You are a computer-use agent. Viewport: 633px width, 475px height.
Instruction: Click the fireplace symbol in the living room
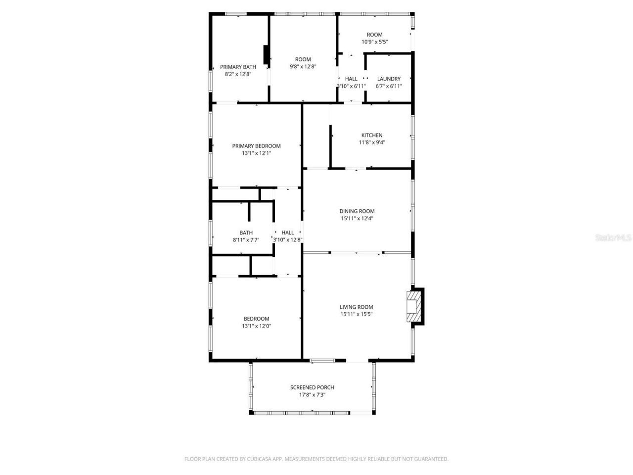coord(414,307)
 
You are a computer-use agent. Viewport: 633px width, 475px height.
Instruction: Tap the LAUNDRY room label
coord(389,79)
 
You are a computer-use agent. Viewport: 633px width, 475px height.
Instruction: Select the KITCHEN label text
coord(372,135)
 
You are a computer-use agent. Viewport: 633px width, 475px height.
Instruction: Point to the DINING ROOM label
coord(357,211)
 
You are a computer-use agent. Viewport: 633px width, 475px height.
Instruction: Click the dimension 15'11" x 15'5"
coord(356,314)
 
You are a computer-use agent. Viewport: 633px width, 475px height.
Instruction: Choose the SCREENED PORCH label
coord(312,387)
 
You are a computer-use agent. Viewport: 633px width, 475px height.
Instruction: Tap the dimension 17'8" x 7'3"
coord(312,395)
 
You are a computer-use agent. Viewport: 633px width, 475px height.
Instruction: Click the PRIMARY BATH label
coord(238,67)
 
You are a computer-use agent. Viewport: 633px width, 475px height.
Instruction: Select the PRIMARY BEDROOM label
coord(256,146)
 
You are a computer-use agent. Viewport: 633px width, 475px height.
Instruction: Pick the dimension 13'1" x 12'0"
coord(256,326)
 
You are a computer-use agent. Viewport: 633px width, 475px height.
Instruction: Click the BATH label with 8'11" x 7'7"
coord(246,233)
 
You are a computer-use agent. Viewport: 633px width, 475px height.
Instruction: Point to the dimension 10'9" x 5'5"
coord(374,42)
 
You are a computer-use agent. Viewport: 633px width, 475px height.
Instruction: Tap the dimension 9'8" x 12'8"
coord(303,67)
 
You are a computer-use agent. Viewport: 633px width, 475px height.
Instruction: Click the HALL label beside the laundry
coord(351,79)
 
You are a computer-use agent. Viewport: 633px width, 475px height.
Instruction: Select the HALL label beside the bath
coord(287,233)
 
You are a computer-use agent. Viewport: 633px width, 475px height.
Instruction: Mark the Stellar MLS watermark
coord(613,238)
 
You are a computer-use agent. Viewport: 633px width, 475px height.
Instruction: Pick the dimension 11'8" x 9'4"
coord(372,142)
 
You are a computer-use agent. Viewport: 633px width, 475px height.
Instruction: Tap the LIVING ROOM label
coord(356,307)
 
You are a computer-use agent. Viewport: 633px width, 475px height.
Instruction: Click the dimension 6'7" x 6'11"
coord(389,86)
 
